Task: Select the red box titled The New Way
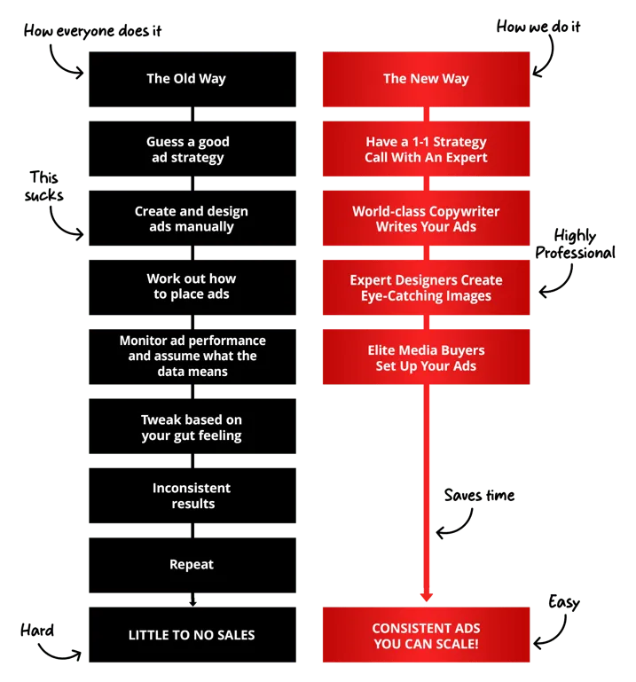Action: [x=426, y=80]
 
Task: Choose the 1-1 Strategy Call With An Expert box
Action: [x=426, y=150]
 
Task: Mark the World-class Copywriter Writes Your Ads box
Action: [x=426, y=219]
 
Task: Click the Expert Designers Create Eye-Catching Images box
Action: [x=426, y=287]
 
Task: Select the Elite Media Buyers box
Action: [x=426, y=357]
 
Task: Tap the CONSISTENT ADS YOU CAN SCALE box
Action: [x=426, y=635]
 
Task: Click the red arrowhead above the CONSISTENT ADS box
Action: [x=426, y=593]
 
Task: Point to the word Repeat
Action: [x=192, y=565]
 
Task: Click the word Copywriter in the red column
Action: [x=458, y=212]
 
